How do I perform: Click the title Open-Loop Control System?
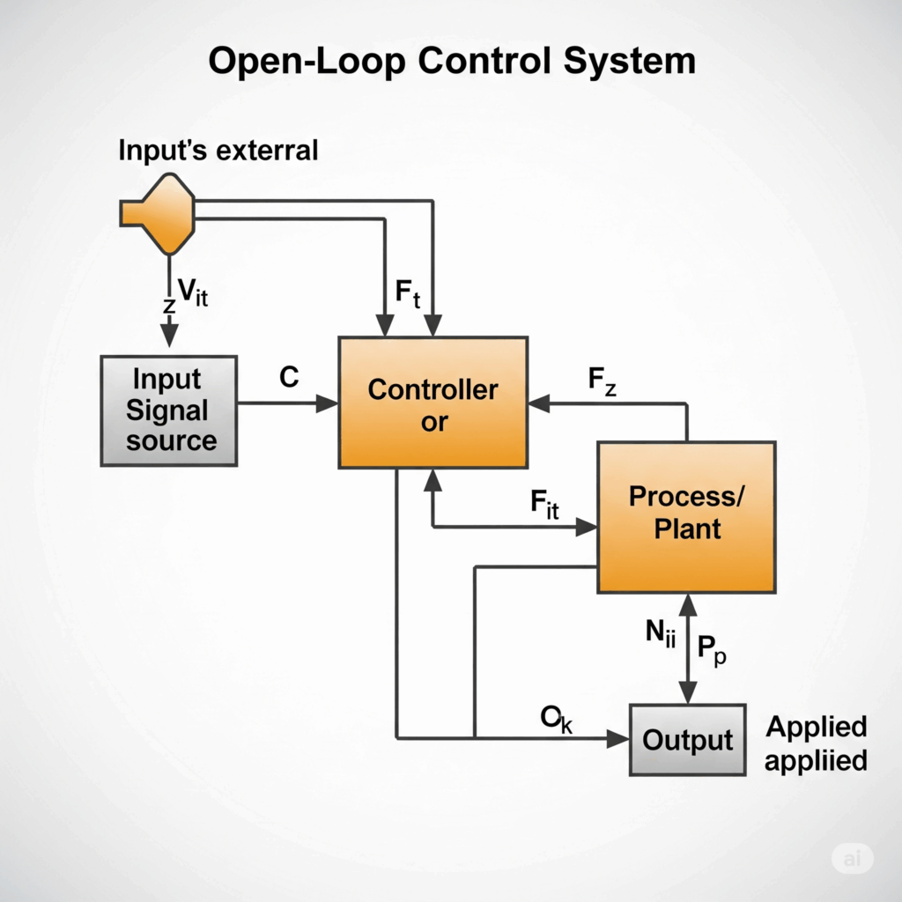451,62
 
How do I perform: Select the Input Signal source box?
168,410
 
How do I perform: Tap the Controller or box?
433,403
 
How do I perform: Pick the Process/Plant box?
686,515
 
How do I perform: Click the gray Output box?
687,740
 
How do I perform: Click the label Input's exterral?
218,151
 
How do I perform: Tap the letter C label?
288,378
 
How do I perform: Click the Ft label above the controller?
406,294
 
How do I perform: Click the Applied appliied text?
816,743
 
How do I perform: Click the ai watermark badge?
851,859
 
